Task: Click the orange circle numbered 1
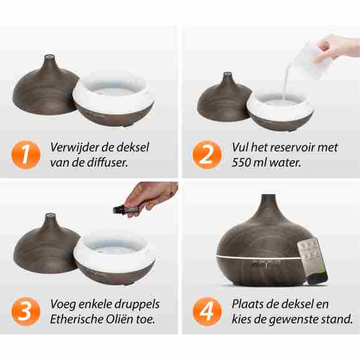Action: (26, 155)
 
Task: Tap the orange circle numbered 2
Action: (207, 155)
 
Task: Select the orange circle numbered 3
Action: (26, 311)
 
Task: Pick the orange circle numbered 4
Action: (207, 311)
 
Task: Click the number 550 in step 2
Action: (241, 163)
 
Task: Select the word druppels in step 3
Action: (137, 305)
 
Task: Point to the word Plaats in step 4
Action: (248, 304)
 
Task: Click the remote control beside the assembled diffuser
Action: (313, 260)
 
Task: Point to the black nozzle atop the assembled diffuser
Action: (269, 197)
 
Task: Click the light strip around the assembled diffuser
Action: (258, 257)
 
